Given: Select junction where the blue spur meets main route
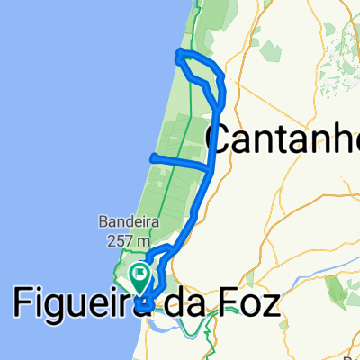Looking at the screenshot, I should click(x=211, y=166).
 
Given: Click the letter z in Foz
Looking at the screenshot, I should click(x=267, y=303).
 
